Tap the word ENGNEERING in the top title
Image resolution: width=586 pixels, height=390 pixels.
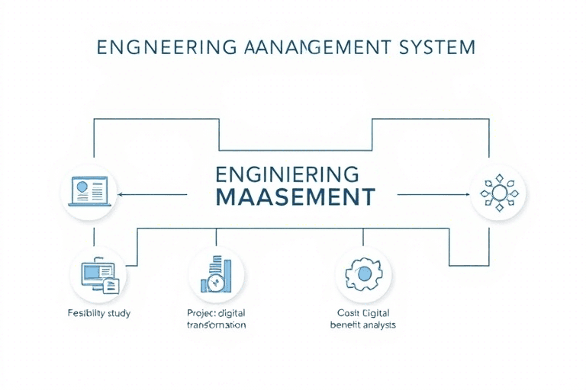159,46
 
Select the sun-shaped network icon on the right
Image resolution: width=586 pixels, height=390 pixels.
497,192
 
